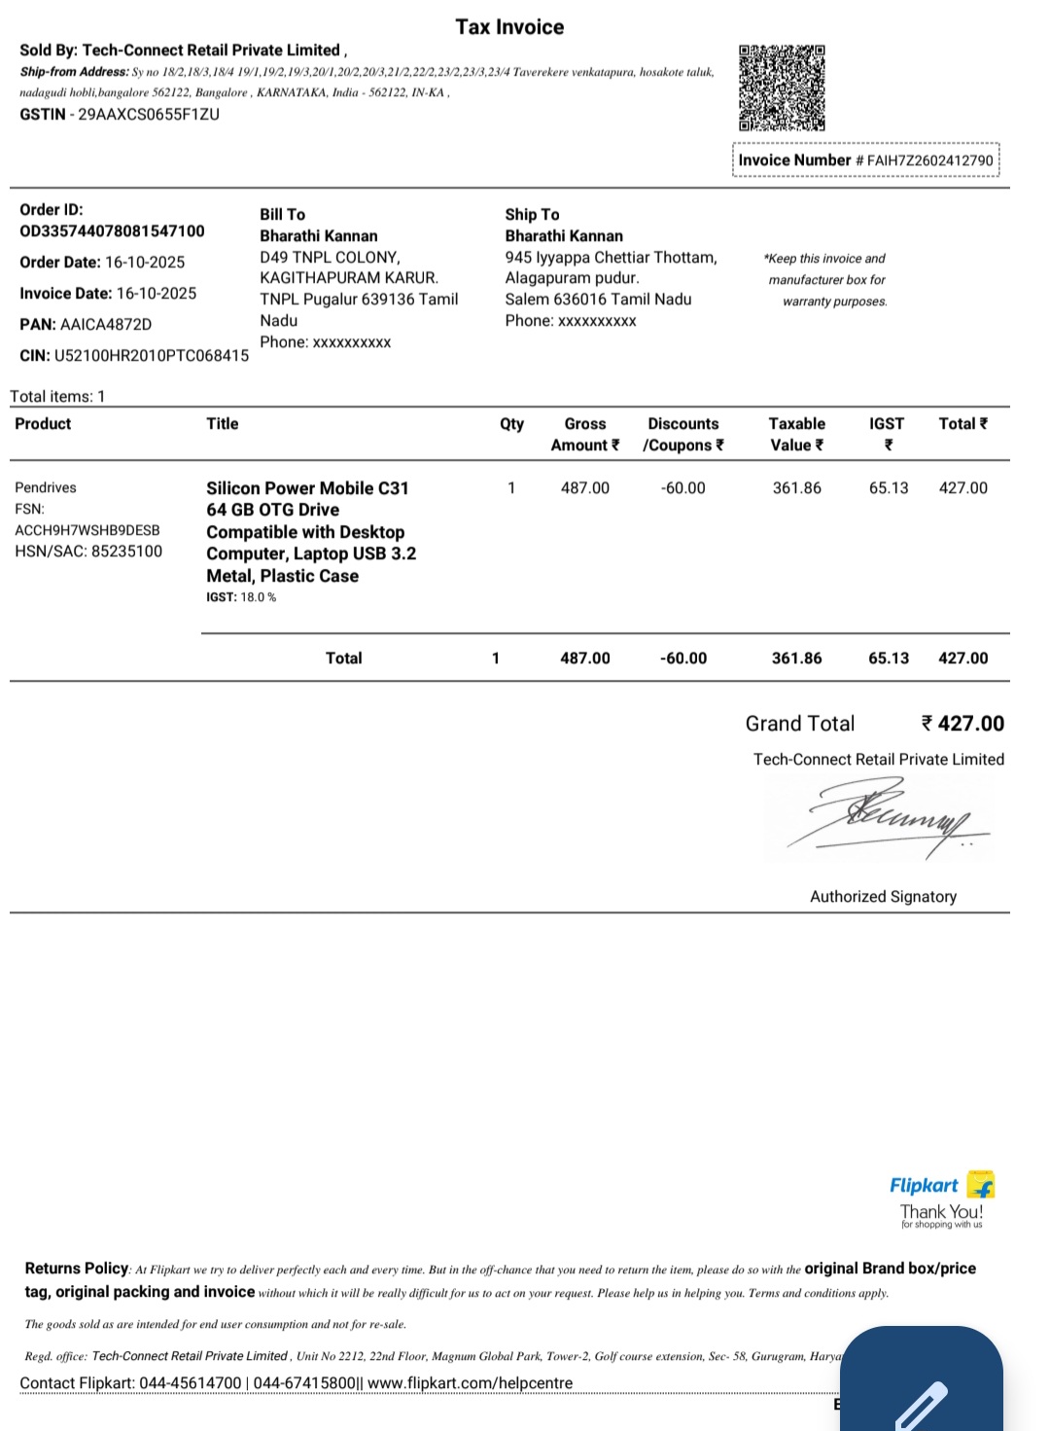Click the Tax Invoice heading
[x=509, y=27]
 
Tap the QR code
[x=782, y=88]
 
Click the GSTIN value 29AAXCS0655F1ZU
[x=149, y=114]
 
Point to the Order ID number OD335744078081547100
[x=112, y=232]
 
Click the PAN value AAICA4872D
[x=106, y=324]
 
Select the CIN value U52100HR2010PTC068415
[x=152, y=355]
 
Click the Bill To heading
[x=282, y=214]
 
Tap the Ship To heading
[x=532, y=214]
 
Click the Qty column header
[x=511, y=424]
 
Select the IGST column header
[x=887, y=424]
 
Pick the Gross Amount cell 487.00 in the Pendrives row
[x=585, y=487]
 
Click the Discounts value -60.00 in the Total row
[x=683, y=659]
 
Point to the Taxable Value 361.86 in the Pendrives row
[x=797, y=487]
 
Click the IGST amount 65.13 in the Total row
[x=889, y=659]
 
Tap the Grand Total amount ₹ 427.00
[x=962, y=724]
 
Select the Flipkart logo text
[x=924, y=1186]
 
